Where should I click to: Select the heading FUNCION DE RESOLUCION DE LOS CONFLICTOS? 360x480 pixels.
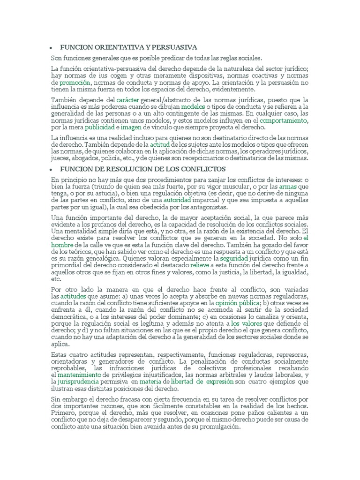point(143,169)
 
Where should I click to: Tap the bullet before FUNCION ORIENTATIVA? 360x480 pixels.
point(51,48)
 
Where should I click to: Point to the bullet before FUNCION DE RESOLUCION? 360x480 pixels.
point(51,169)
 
